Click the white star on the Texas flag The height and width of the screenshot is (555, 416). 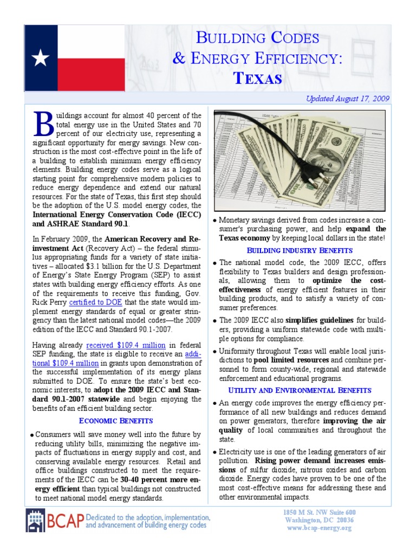(41, 58)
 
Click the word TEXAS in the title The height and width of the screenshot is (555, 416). (257, 78)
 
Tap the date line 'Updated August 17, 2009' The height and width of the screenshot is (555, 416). (348, 99)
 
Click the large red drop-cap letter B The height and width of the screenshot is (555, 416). (42, 125)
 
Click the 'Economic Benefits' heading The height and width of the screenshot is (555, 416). (116, 421)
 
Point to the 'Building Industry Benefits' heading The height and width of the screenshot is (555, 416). (300, 250)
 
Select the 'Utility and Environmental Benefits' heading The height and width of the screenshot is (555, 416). (300, 390)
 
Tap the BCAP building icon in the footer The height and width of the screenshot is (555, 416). (37, 521)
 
